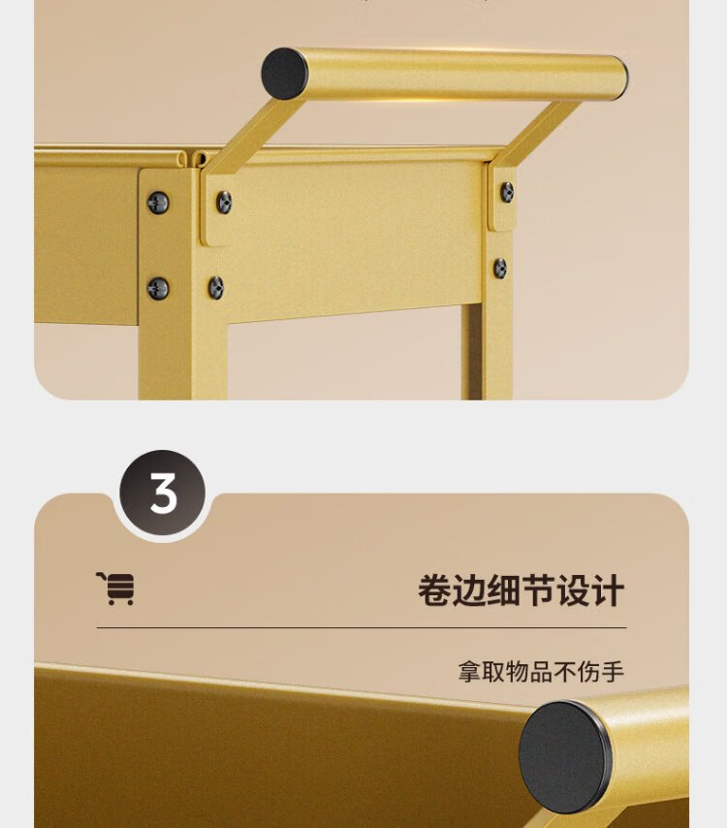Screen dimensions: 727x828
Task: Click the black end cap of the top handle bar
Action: pos(285,73)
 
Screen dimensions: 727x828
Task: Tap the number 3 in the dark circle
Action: pos(163,494)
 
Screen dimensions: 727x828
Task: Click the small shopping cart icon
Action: pos(115,589)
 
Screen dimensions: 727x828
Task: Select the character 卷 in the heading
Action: pos(435,591)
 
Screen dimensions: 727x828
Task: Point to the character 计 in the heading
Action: pos(608,591)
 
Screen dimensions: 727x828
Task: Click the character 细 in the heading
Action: pos(504,591)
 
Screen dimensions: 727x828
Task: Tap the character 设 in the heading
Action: pos(574,591)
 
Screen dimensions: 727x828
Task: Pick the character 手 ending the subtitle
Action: pos(613,672)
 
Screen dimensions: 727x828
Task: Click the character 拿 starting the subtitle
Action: pos(470,672)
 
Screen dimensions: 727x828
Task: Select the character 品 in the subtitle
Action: pos(541,672)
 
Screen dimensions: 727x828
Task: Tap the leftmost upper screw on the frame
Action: pos(158,203)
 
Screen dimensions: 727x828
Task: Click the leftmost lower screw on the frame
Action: pos(158,288)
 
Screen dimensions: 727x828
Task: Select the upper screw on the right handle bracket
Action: pos(507,192)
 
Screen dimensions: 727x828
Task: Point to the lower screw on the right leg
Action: pos(500,269)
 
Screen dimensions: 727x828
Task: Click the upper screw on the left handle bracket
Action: pos(224,203)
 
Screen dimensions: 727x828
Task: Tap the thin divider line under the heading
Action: pos(362,628)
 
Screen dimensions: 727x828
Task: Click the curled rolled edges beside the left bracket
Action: pos(192,158)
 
